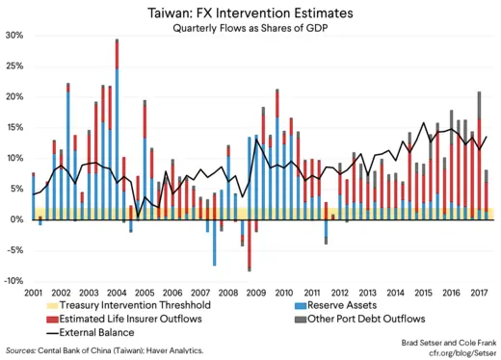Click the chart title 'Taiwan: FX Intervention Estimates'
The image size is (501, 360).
tap(250, 13)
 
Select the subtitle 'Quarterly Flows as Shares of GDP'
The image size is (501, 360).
tap(250, 30)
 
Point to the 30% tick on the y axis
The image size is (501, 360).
tap(14, 35)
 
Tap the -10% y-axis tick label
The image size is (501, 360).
tap(13, 280)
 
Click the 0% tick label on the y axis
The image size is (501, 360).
tap(16, 219)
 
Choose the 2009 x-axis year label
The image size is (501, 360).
tap(256, 292)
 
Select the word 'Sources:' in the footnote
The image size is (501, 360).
tap(22, 352)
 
